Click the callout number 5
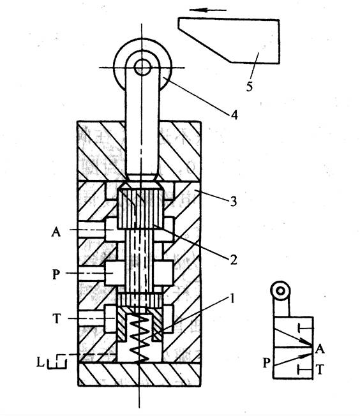250,86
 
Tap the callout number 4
234,115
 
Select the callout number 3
233,202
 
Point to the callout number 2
233,260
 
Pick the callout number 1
232,299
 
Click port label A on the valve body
56,232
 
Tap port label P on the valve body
56,274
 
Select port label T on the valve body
57,318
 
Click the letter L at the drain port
40,362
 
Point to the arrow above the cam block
208,10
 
